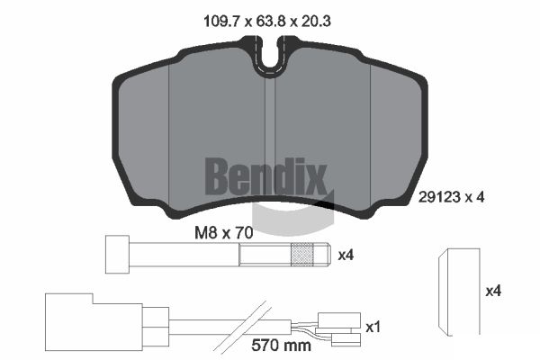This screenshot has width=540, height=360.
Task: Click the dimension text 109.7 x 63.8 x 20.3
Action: [267, 22]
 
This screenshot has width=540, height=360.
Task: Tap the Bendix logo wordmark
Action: [265, 176]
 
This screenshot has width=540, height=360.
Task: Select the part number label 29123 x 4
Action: [451, 197]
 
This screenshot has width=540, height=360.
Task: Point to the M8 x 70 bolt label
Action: [224, 233]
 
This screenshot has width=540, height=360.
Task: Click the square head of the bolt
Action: [117, 255]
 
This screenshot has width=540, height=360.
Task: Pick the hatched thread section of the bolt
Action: [302, 255]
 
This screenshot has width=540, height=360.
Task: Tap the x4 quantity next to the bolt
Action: [346, 256]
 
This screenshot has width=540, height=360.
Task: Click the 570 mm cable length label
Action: [281, 346]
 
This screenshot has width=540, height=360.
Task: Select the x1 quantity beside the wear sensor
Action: [373, 327]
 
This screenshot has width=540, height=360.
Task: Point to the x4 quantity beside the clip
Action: [493, 292]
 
